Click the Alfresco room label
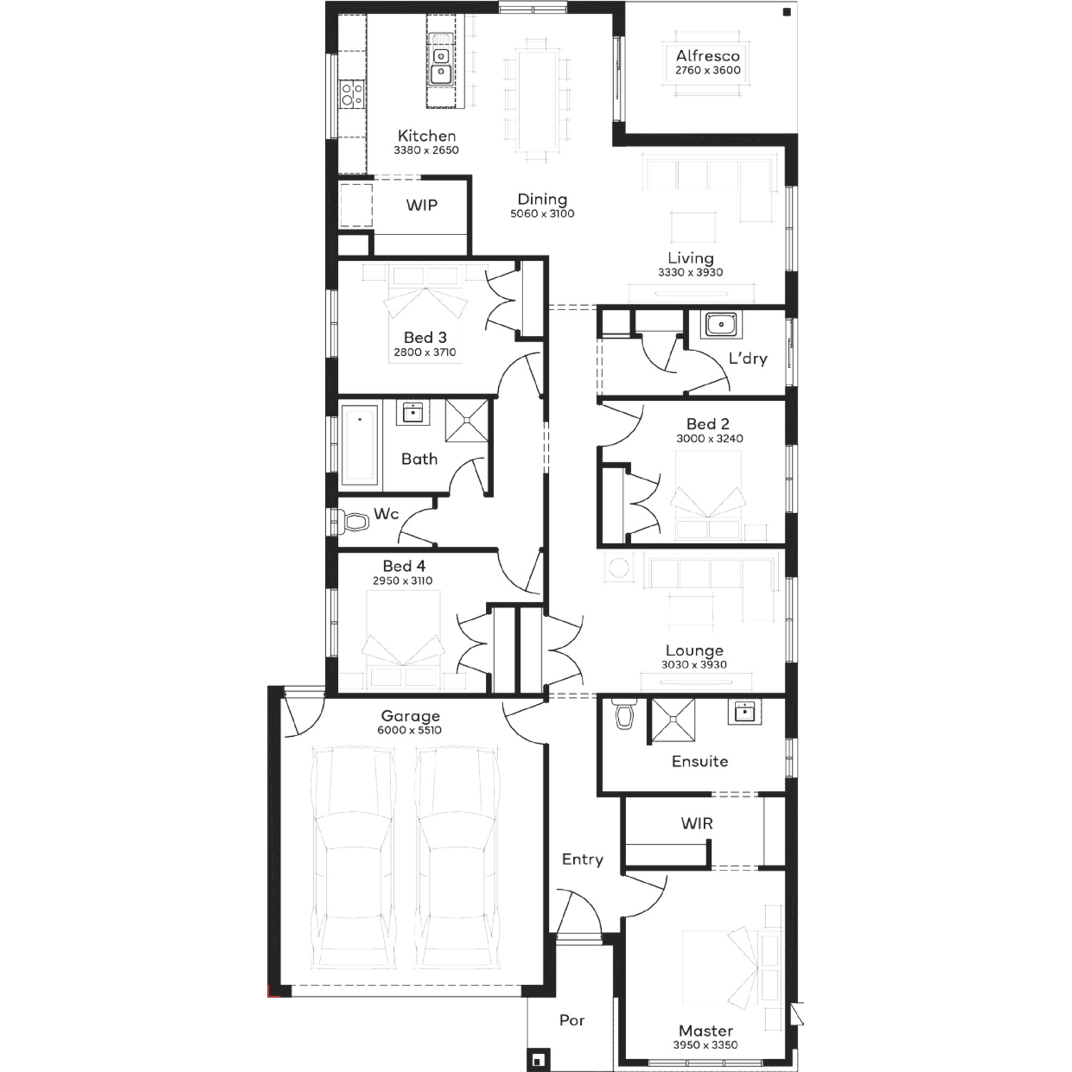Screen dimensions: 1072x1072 (708, 56)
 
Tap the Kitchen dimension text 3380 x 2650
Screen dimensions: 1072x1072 (426, 150)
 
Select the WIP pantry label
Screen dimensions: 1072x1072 (422, 205)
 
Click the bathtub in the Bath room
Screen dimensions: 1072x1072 (359, 445)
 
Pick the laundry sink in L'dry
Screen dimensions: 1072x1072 (720, 324)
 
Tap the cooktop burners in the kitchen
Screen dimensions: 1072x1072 (351, 94)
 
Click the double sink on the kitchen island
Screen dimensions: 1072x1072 (441, 64)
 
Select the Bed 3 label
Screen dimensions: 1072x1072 (425, 337)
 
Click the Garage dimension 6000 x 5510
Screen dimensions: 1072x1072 (410, 730)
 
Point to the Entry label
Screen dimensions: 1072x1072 (582, 860)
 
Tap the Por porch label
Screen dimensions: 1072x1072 (572, 1021)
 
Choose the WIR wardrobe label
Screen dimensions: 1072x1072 (697, 823)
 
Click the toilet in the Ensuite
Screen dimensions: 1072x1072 (625, 714)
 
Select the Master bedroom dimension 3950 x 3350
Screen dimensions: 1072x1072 (705, 1045)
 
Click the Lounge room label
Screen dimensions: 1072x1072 (694, 650)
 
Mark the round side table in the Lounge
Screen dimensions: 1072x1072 (619, 568)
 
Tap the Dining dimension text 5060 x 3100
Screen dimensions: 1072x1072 (542, 214)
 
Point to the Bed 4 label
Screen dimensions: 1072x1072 (404, 566)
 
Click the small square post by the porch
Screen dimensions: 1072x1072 (538, 1059)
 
